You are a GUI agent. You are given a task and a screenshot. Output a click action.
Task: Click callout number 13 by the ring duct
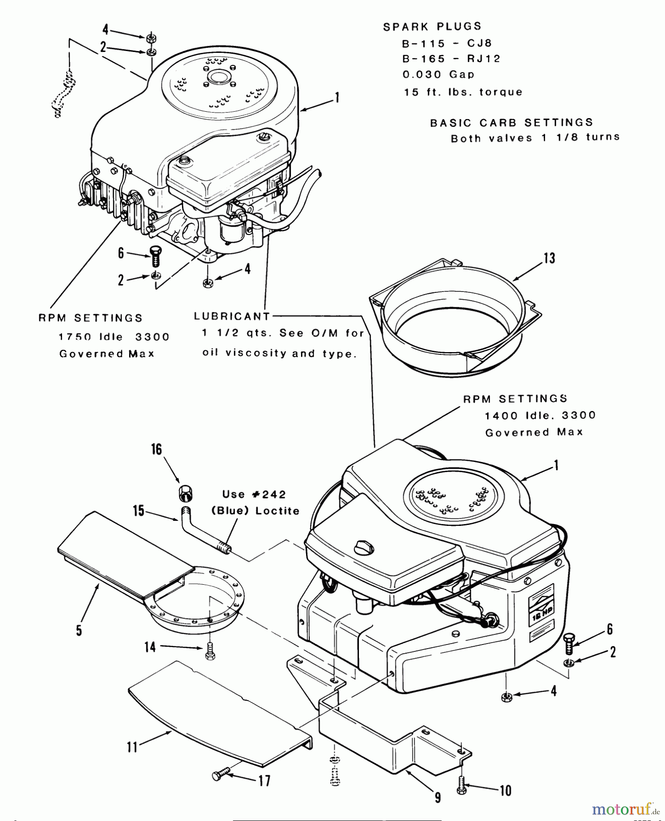tap(549, 258)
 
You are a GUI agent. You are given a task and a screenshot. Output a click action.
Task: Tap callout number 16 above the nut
tap(156, 449)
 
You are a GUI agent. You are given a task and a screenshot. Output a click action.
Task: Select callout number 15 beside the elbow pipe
tap(138, 510)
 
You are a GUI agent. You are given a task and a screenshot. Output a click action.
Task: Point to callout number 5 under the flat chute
tap(79, 631)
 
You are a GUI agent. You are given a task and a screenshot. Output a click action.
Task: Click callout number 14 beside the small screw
tap(150, 647)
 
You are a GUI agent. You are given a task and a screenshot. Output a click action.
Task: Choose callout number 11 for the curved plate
tap(132, 747)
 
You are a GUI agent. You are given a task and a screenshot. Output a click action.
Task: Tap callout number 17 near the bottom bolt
tap(264, 781)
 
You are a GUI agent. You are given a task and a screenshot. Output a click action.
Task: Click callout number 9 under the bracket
tap(437, 797)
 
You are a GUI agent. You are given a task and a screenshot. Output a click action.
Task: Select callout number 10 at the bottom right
tap(505, 790)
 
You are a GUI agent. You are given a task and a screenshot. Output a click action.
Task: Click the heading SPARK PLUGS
tap(432, 27)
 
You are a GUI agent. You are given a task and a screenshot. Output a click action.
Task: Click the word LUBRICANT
tap(232, 316)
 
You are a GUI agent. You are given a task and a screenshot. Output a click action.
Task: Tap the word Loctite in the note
tap(277, 511)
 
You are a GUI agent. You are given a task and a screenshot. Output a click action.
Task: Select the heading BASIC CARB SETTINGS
tap(511, 123)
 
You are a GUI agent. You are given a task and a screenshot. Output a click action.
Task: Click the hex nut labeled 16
tap(185, 492)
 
